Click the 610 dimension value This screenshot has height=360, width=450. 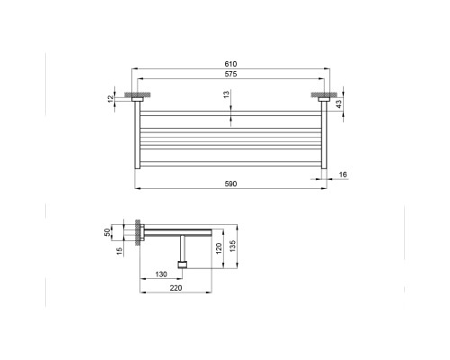click(x=230, y=64)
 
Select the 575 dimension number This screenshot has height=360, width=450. click(x=230, y=74)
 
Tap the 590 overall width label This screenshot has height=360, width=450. click(x=230, y=184)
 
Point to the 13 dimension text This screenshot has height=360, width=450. click(x=227, y=94)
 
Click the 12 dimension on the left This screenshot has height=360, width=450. click(x=111, y=98)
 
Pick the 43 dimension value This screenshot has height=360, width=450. click(x=338, y=103)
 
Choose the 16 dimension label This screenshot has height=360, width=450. click(x=343, y=175)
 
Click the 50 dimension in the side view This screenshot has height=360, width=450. click(x=107, y=232)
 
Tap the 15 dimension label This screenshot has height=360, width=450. click(x=120, y=251)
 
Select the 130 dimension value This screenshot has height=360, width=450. click(x=161, y=274)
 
